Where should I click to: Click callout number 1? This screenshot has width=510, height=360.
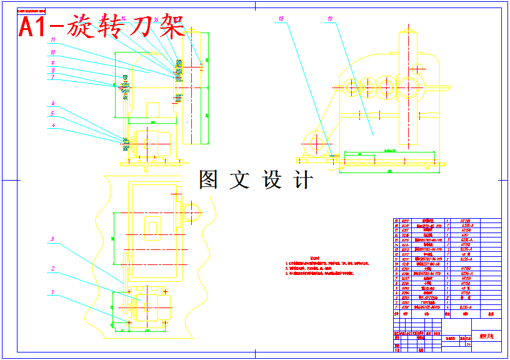(x=53, y=292)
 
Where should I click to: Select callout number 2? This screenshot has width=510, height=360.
(x=53, y=269)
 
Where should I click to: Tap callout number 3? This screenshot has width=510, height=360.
(x=53, y=239)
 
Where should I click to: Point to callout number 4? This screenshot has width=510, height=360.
(x=54, y=125)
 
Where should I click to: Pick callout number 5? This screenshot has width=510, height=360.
(x=54, y=114)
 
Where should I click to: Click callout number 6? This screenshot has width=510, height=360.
(x=54, y=102)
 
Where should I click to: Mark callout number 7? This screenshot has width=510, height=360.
(x=54, y=77)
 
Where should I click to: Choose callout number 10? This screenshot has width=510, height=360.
(x=54, y=52)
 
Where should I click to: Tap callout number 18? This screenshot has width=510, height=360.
(x=282, y=19)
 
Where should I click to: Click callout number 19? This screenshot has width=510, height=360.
(x=329, y=19)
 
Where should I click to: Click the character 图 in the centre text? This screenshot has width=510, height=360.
(x=209, y=180)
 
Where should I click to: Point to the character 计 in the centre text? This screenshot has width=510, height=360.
(x=302, y=180)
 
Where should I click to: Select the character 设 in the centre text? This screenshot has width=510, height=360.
(x=272, y=180)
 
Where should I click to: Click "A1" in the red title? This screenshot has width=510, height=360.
(x=34, y=28)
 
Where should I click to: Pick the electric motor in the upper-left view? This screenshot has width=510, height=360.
(x=150, y=143)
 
